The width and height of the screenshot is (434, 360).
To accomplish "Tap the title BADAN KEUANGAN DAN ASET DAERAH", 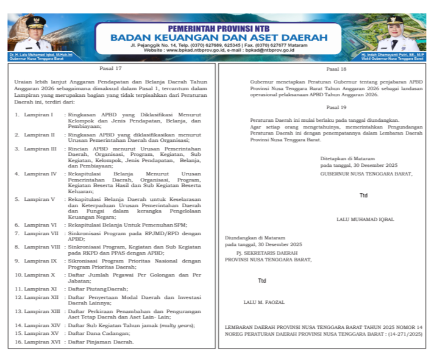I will click(x=219, y=38).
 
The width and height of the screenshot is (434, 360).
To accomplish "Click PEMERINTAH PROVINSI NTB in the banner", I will click(x=219, y=27).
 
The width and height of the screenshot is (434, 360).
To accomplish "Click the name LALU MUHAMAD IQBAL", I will click(x=365, y=219).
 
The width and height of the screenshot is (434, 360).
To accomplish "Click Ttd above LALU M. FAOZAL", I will click(x=262, y=281).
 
